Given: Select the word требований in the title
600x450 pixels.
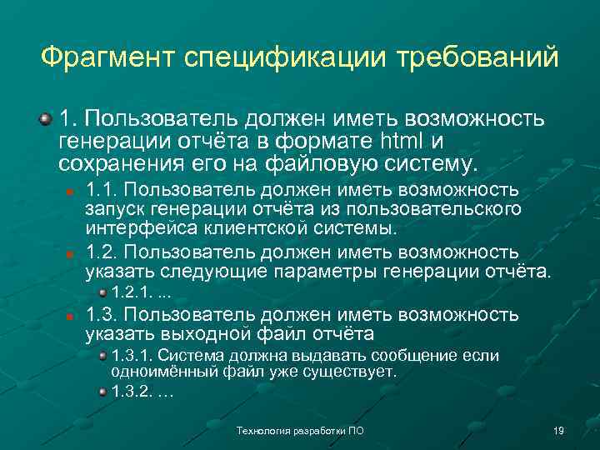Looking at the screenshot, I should [477, 58].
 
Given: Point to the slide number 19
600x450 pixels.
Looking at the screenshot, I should [559, 431].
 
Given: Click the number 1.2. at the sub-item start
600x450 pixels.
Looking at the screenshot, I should [102, 252].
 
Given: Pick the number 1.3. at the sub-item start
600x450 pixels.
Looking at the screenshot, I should [102, 315].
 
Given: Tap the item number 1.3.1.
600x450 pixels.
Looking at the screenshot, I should [130, 356].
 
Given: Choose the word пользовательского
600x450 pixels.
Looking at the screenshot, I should [452, 208].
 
